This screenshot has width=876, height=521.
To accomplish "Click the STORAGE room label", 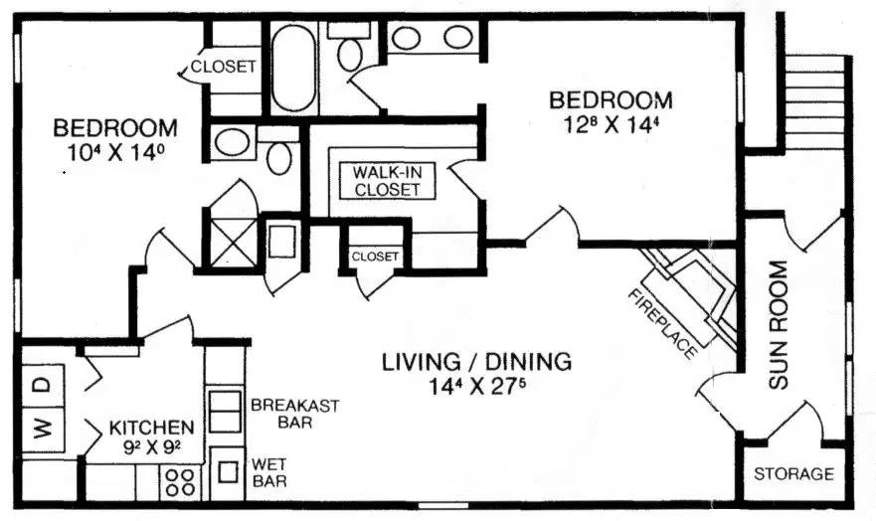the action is point(793,474).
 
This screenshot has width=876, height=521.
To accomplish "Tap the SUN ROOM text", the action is point(778,325).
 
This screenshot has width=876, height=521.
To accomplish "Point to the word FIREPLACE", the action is point(663,324).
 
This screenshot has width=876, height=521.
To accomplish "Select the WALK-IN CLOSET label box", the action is point(387,180).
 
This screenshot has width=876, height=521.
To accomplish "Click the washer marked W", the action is point(43,430).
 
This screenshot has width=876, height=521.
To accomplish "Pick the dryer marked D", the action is point(43,386).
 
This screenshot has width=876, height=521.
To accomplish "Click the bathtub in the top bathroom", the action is point(293,67).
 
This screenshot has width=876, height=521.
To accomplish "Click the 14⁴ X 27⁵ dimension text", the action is point(477,386).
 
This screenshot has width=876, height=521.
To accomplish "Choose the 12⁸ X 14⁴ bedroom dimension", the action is point(608,124).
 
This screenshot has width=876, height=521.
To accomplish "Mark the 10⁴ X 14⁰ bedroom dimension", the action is point(115,152).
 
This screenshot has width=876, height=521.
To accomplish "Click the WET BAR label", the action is point(269,472).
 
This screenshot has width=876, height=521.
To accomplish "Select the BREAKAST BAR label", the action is point(294,414).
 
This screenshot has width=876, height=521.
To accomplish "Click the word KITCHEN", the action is point(151,429).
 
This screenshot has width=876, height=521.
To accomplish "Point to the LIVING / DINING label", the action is point(476,362).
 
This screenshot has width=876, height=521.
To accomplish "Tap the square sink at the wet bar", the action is point(228,472).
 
